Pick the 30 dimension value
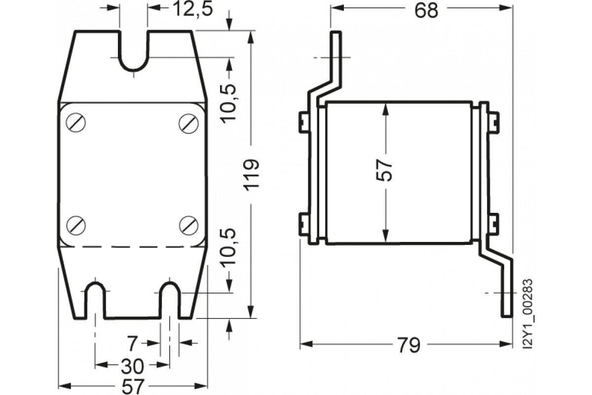132,366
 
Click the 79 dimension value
407,344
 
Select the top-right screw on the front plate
187,122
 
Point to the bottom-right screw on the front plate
187,225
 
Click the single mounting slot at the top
133,52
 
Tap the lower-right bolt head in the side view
492,224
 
